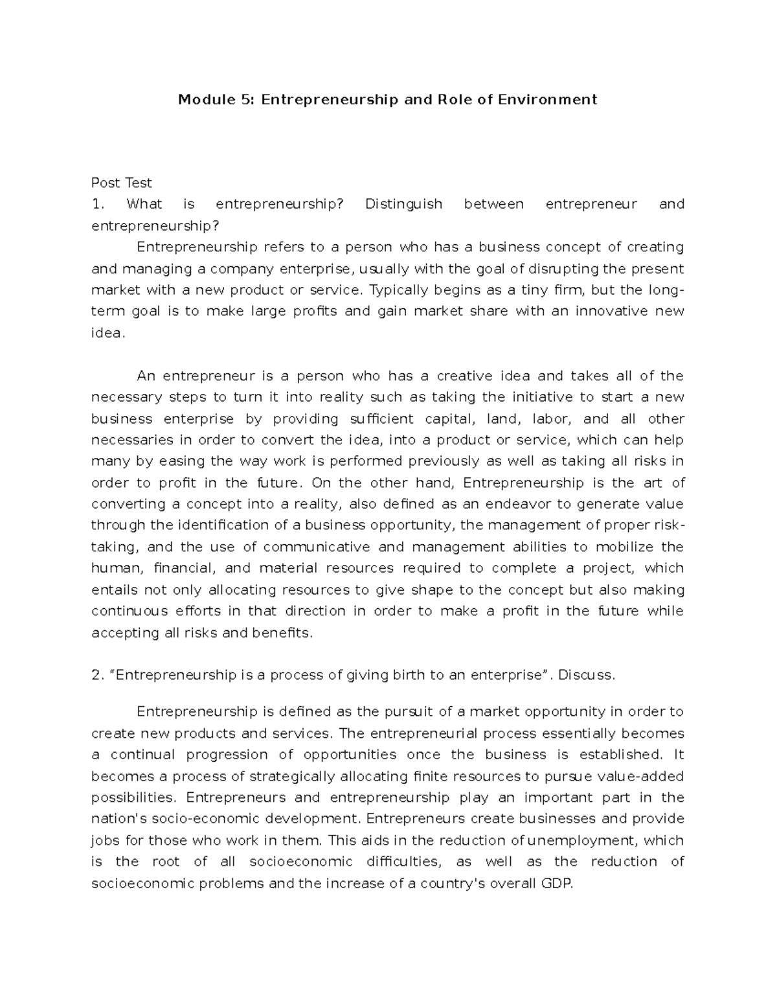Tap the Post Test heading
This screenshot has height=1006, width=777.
[x=121, y=183]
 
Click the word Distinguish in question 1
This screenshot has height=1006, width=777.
[x=403, y=204]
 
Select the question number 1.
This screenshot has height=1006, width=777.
[x=97, y=204]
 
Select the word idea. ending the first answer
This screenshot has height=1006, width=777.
[x=106, y=333]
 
